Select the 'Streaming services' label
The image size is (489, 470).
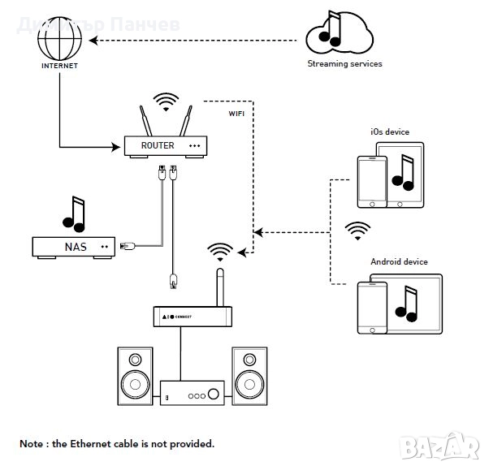(344, 63)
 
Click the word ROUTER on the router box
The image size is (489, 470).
(158, 145)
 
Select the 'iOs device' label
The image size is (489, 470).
(390, 132)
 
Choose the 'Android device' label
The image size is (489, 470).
(399, 262)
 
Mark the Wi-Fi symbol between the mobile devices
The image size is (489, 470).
(356, 231)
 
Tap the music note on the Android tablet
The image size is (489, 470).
(406, 301)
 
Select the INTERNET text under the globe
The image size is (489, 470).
(59, 66)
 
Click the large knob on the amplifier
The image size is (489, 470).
(213, 395)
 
